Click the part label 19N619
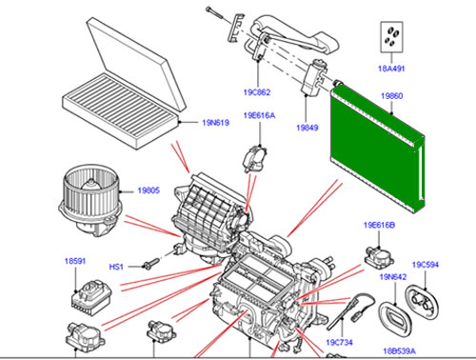[215, 123]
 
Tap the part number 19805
[149, 190]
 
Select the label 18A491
[391, 69]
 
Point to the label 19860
[391, 96]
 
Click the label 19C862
[257, 92]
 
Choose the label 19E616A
[259, 115]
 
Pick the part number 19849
[307, 128]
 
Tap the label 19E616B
[379, 225]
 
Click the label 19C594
[426, 265]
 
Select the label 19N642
[393, 277]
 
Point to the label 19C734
[339, 342]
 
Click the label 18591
[75, 261]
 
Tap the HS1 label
[116, 267]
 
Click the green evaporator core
[377, 149]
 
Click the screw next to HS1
[151, 264]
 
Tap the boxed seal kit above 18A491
[391, 37]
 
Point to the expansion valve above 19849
[314, 77]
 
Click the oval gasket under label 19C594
[422, 303]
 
